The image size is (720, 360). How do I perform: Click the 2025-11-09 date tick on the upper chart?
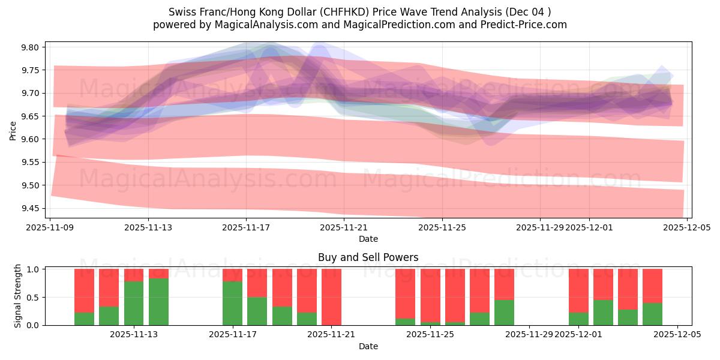click(x=51, y=227)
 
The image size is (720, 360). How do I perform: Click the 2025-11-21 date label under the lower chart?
click(x=331, y=335)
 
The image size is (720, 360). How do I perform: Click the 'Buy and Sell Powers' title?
click(x=368, y=257)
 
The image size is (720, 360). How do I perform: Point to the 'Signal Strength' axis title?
click(x=18, y=296)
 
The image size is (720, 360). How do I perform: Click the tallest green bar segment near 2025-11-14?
click(x=158, y=301)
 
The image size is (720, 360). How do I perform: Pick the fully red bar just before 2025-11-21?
click(x=331, y=296)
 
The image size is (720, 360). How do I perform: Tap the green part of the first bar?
click(x=84, y=319)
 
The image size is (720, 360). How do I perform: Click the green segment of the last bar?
click(x=652, y=314)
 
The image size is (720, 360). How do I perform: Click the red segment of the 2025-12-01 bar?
click(x=578, y=290)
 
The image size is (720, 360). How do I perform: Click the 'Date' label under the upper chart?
click(x=368, y=239)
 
